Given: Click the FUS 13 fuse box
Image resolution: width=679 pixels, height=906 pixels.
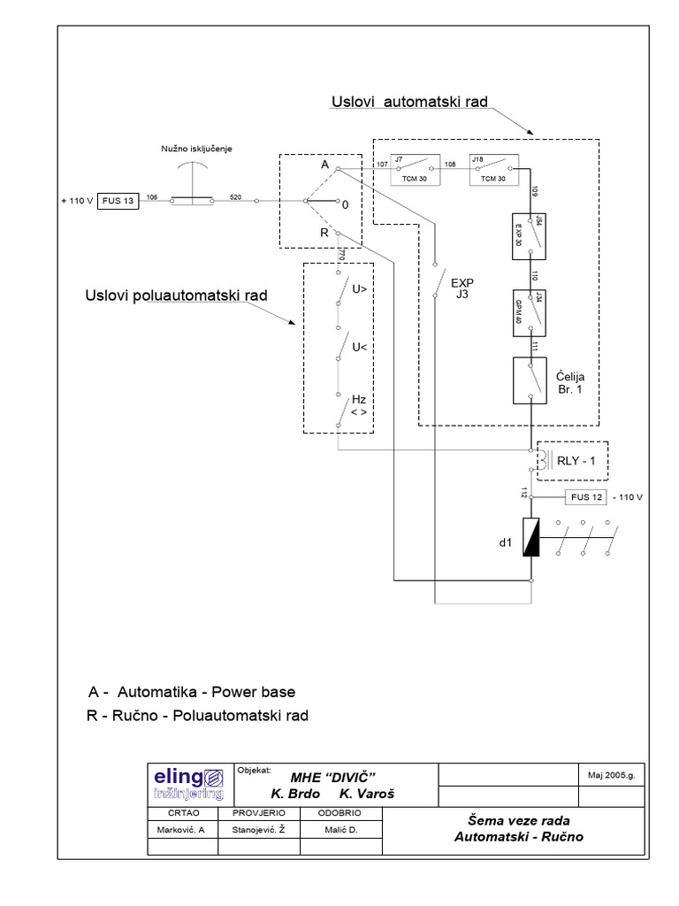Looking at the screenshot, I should click(x=117, y=202).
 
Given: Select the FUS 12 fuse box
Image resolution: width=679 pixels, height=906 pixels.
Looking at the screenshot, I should click(x=586, y=497).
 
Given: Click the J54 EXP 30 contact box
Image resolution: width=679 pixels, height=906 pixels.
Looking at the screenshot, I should click(x=529, y=236).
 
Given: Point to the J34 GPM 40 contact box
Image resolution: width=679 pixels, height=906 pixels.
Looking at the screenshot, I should click(x=529, y=311).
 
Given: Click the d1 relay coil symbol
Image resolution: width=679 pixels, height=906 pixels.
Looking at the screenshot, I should click(x=530, y=537).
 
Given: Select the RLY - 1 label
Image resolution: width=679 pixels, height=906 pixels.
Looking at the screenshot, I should click(x=577, y=459).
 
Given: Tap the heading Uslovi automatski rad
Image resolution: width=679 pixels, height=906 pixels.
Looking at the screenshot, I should click(x=409, y=103).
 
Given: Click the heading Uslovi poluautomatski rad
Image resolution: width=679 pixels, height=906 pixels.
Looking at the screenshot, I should click(x=176, y=295).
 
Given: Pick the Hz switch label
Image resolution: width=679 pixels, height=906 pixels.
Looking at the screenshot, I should click(x=360, y=406).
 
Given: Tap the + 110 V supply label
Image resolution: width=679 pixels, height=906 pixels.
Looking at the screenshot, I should click(x=76, y=202).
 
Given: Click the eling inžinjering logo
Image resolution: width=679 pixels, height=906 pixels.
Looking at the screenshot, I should click(x=187, y=784).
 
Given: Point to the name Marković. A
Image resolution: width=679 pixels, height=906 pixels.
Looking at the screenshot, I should click(x=180, y=831).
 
